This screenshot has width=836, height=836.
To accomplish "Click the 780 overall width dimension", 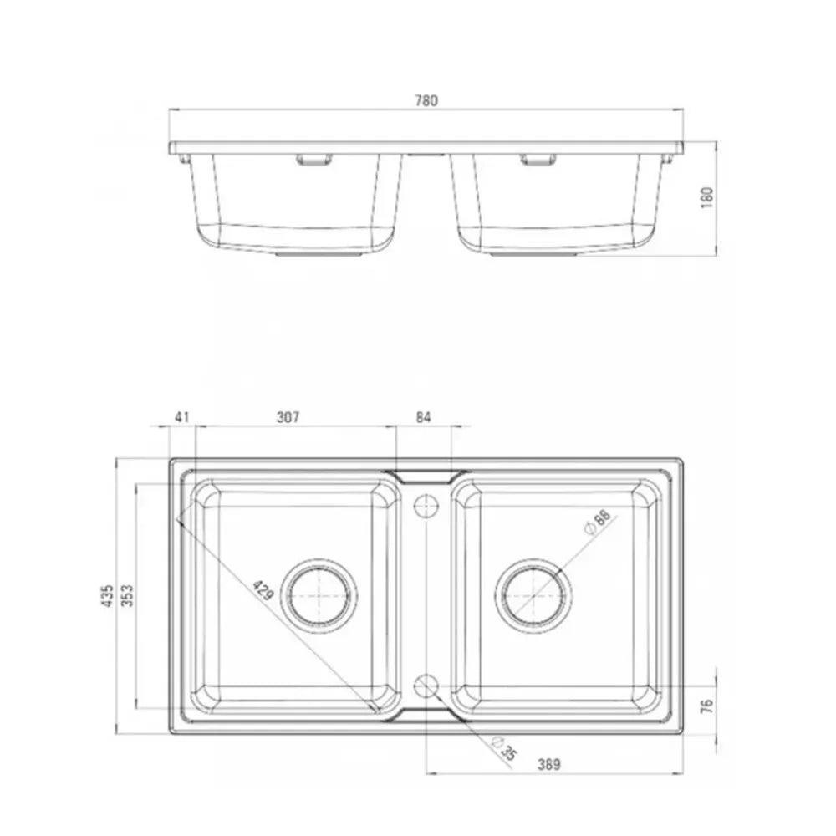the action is coord(426,100).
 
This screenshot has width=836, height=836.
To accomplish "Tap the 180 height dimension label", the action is coord(707,197).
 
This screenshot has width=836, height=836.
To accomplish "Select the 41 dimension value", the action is coord(182,416).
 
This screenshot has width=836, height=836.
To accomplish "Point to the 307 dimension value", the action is coord(288,416).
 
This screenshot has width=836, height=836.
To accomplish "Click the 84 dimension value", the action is coord(423,416).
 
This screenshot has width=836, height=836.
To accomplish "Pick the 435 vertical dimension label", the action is coord(108,595).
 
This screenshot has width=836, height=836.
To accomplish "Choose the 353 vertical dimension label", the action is coord(127,595).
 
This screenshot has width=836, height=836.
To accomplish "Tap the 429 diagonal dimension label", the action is coord(263,589).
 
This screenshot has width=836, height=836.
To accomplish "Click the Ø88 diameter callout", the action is coord(599,522).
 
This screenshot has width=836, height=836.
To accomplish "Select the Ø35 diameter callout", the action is coord(504,748).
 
